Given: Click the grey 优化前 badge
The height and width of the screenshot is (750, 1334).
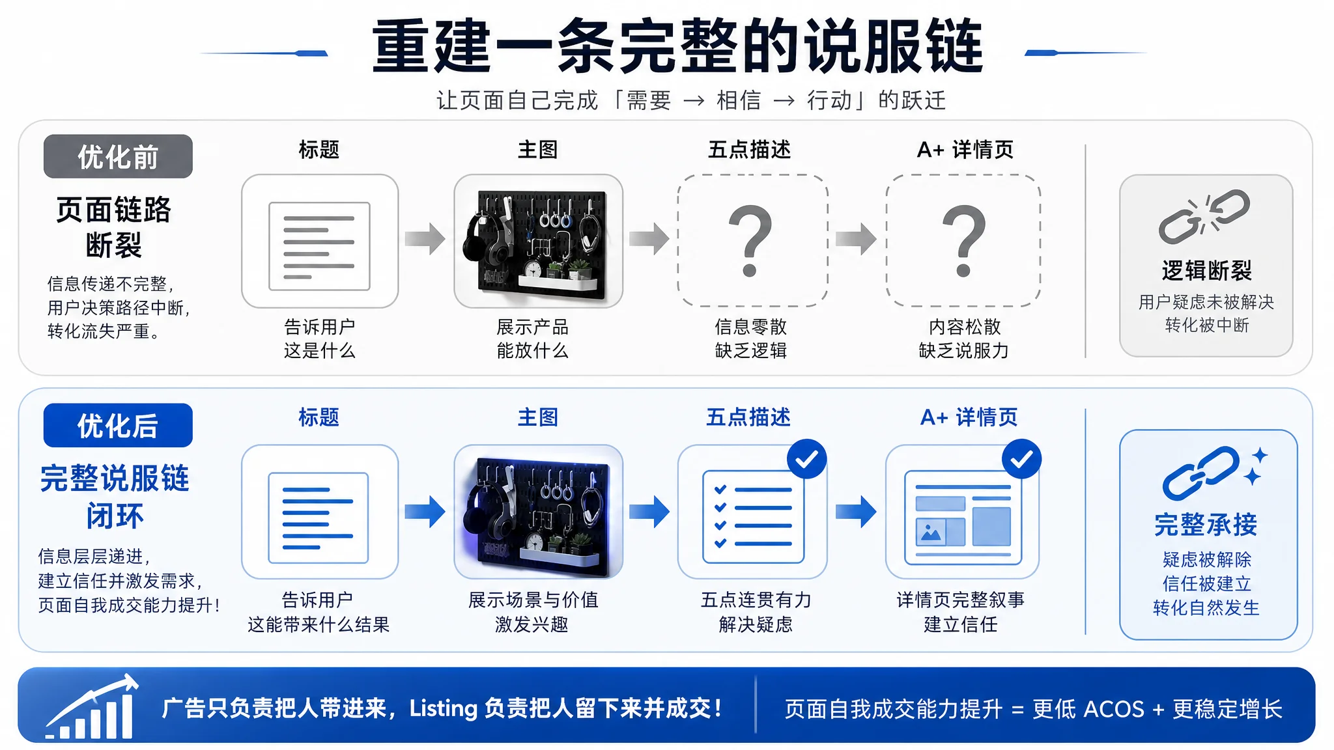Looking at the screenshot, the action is pos(118,156).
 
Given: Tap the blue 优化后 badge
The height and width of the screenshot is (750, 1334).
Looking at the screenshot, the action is pos(118,425).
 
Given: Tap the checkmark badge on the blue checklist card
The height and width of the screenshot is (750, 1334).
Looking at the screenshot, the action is pos(806,459).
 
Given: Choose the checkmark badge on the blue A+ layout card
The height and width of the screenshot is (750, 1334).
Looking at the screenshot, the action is pos(1021,459).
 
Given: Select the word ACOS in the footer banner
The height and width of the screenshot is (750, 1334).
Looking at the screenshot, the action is pos(1114,709).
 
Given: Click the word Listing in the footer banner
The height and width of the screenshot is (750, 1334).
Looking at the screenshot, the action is pos(444,708).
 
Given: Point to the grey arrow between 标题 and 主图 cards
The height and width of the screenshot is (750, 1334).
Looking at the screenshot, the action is pos(425,238).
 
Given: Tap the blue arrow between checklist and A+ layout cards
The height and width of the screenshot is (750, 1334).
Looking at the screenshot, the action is pos(856,511).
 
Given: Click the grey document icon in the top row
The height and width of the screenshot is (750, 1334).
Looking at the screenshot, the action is pos(319,246).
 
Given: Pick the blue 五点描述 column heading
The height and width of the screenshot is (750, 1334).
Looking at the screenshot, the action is pos(748,417).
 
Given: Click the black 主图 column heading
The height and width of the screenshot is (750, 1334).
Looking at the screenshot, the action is pos(538,150).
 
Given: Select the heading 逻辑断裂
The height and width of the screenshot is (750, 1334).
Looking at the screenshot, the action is pos(1206,270).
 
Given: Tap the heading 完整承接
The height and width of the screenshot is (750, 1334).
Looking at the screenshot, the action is pos(1206,525).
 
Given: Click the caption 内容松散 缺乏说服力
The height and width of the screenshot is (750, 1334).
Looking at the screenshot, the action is pos(964,339).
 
